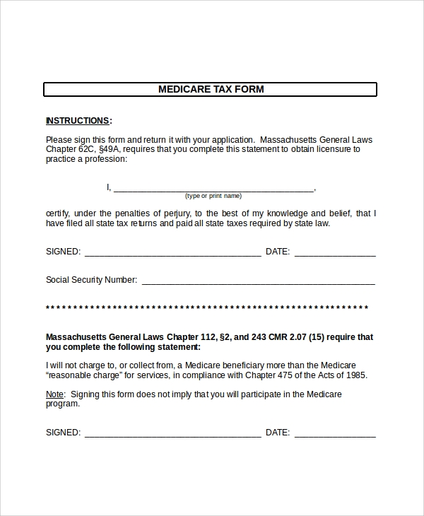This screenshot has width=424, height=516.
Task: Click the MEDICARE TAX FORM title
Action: tap(211, 90)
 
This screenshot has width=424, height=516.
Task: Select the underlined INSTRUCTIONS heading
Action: tap(77, 121)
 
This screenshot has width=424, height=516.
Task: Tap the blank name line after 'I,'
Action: tap(213, 188)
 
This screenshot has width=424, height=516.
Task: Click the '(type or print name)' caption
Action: tap(213, 196)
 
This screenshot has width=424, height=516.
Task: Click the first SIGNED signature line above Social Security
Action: tap(172, 252)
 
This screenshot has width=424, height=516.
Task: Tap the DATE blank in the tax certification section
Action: tap(335, 252)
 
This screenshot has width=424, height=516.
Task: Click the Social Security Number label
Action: tap(91, 280)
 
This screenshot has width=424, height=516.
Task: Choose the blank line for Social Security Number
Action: tap(258, 281)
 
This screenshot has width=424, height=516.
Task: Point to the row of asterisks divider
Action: tap(207, 308)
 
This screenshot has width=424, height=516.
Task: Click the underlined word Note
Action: tap(54, 394)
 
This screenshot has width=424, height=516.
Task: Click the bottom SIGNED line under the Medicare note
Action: tap(172, 433)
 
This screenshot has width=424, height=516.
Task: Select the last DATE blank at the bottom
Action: tap(335, 433)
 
